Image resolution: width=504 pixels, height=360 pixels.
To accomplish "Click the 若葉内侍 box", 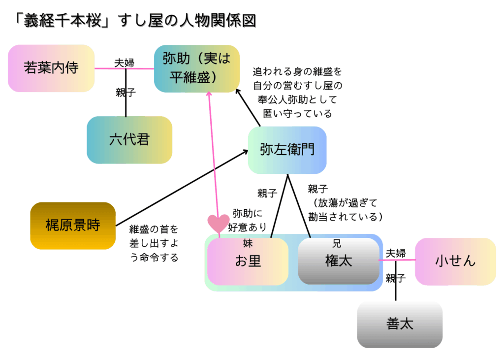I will (x=51, y=68).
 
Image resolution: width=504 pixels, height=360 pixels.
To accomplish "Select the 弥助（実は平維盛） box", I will (x=196, y=68).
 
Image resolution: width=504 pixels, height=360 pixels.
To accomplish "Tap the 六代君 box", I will (x=129, y=140).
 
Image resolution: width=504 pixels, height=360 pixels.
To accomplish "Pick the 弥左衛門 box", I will (x=287, y=150).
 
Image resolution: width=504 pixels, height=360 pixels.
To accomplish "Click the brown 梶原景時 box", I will (x=73, y=226).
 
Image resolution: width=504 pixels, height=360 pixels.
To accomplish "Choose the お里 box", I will (x=248, y=262).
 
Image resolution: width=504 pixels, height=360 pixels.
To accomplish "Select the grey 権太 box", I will (x=339, y=262).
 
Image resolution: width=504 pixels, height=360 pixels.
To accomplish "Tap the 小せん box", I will (x=455, y=262).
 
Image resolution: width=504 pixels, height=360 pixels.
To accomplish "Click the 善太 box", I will (x=400, y=325).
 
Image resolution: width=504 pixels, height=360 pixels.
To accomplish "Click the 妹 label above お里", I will (x=248, y=243).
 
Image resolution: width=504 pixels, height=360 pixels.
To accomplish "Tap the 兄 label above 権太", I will (x=337, y=243).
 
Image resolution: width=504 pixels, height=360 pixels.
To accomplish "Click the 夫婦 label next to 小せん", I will (x=395, y=254).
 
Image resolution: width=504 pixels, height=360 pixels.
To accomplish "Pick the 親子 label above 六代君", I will (x=126, y=92).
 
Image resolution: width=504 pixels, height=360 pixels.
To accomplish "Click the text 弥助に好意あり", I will (x=248, y=221).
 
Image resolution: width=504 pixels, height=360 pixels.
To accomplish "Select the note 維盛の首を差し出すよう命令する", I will (x=154, y=243).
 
